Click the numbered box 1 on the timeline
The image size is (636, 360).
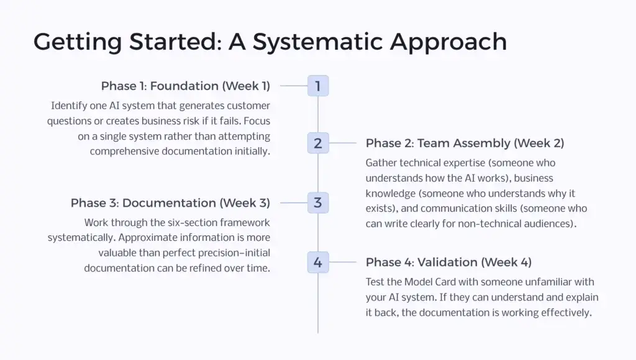(318, 86)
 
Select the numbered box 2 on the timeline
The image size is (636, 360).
(318, 143)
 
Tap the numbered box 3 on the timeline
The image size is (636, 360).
(318, 202)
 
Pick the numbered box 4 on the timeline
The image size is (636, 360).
(318, 262)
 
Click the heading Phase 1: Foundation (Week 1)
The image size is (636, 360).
(186, 86)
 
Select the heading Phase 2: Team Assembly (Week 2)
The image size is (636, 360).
(465, 143)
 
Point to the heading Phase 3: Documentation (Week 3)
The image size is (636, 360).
(170, 203)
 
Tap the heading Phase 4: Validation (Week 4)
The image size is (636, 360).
(448, 262)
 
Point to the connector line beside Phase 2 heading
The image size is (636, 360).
(343, 143)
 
